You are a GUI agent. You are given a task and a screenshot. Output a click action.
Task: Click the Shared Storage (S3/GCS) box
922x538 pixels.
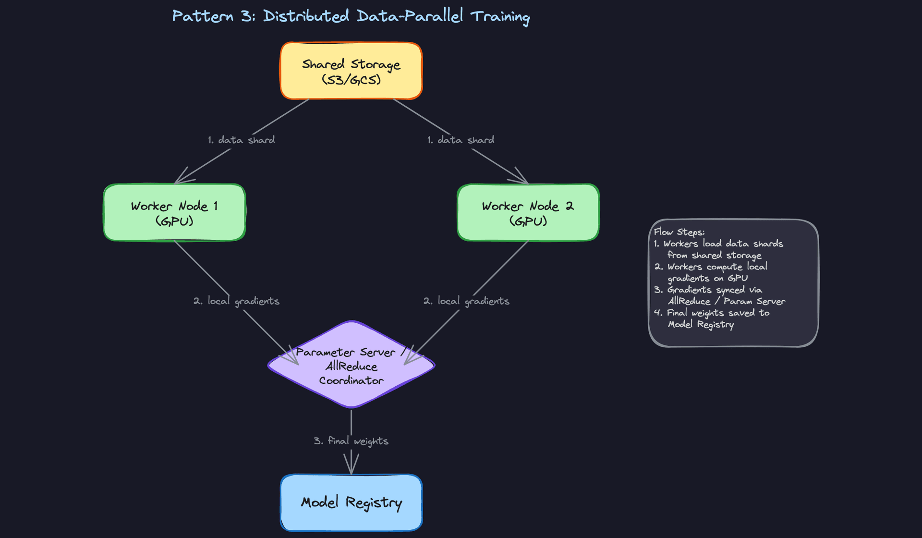351,71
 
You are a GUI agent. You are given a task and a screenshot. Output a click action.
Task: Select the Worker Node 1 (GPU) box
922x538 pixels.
174,213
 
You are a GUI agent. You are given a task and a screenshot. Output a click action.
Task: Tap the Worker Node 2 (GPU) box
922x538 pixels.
528,213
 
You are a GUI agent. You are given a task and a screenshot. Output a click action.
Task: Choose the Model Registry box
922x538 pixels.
351,502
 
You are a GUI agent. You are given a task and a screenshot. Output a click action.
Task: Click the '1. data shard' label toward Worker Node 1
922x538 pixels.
241,140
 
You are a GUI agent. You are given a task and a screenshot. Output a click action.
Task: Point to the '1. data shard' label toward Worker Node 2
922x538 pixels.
461,140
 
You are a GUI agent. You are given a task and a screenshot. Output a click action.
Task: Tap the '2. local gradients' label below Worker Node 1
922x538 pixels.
236,301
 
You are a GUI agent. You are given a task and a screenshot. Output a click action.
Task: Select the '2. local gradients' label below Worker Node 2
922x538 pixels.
466,301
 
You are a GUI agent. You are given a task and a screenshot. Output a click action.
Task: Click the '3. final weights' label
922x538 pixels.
351,441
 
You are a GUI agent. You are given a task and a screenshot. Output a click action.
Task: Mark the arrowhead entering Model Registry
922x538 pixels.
351,468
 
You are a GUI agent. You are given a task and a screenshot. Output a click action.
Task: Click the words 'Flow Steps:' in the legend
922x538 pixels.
679,232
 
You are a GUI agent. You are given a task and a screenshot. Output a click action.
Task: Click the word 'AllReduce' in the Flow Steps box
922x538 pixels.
689,301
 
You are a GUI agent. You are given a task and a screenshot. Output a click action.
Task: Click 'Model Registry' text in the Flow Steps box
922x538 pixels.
701,325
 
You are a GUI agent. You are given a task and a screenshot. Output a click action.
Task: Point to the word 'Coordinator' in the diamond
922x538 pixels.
351,381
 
